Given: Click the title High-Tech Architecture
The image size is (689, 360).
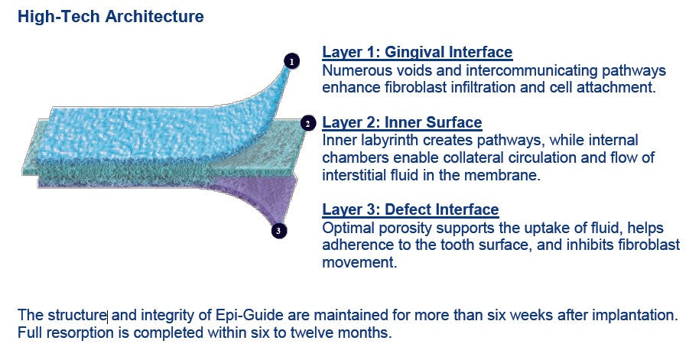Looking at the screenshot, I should pos(111,16).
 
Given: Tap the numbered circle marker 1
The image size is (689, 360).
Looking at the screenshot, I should pos(291,60).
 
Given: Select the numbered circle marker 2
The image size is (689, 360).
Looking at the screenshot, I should pos(307,123).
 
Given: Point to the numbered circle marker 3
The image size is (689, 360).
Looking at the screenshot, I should pos(279,230).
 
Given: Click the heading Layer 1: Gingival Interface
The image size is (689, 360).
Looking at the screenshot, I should pos(417,53).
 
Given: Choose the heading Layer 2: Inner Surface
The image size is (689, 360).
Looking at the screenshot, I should pos(402,123).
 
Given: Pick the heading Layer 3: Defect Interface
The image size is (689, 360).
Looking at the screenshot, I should pos(411,209).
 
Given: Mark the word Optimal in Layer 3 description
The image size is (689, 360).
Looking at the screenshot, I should pos(348,229).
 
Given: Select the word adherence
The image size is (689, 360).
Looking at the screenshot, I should pos(358,245).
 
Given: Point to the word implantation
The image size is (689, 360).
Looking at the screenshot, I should pos(638,316).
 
